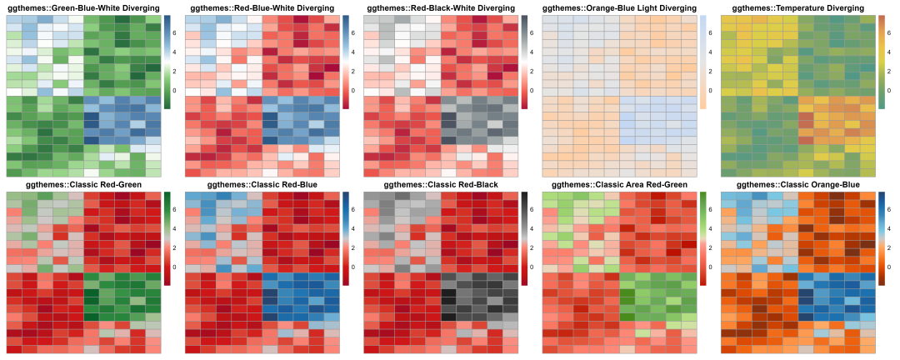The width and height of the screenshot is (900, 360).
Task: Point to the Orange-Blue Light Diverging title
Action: pos(618,7)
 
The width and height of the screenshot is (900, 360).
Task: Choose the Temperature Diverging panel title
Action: pos(797,7)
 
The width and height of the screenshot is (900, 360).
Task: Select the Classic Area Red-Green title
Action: pos(618,184)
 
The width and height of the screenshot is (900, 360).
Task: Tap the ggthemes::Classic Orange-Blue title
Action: pos(797,184)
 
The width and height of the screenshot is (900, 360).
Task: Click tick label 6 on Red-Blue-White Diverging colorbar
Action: pos(354,33)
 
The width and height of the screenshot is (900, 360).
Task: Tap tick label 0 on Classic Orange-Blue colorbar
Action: pos(890,267)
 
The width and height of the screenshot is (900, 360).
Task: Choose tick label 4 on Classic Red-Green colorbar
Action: pos(176,229)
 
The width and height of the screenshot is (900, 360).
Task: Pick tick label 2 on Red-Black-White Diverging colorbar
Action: pos(532,72)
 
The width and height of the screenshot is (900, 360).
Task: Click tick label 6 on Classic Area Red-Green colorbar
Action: pos(711,210)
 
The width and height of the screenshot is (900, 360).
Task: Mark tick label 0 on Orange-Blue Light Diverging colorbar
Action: pos(711,90)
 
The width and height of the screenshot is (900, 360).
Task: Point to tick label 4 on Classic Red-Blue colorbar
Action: pos(354,229)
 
